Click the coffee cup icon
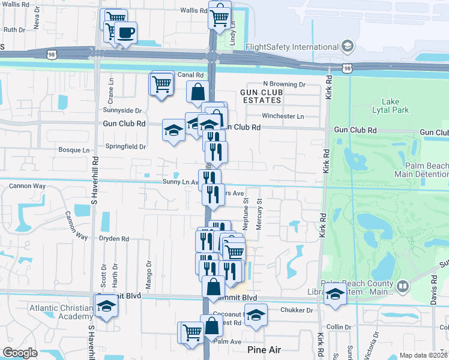[x=126, y=33]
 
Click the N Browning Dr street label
[x=285, y=85]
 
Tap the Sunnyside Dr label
[x=122, y=110]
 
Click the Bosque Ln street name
[x=73, y=150]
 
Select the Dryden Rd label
[x=113, y=238]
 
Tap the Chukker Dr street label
[x=297, y=310]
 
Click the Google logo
[x=20, y=353]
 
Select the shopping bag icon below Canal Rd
[x=197, y=92]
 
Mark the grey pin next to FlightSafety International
[x=347, y=46]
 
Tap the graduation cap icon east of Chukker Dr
[x=335, y=295]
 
